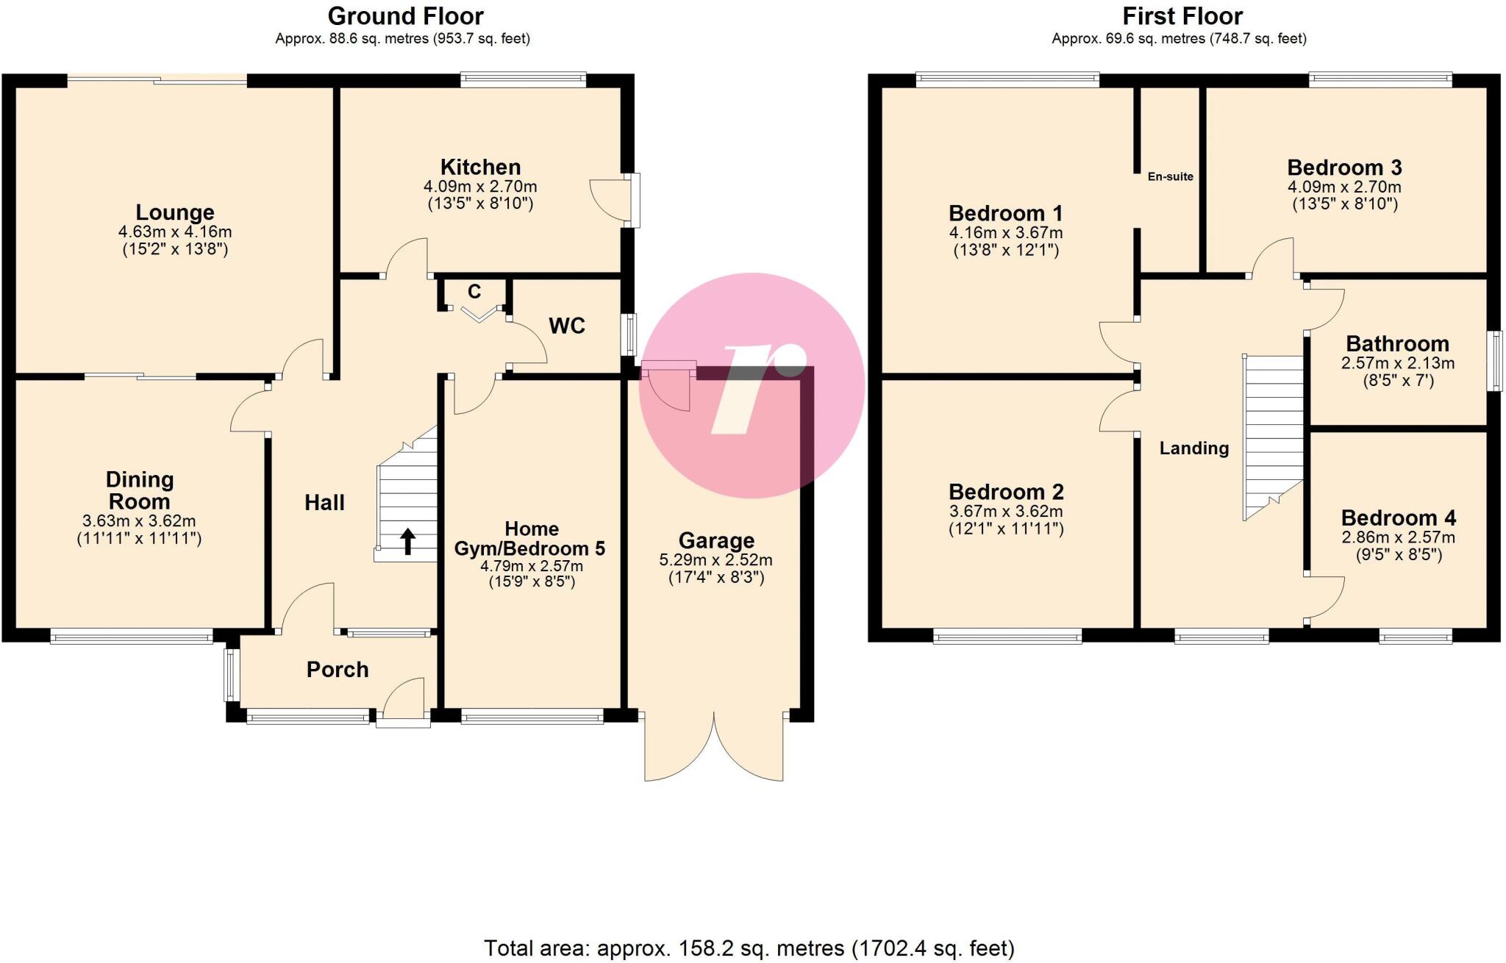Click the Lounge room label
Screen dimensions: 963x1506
click(x=175, y=212)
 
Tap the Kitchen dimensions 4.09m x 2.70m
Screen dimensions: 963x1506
click(x=480, y=187)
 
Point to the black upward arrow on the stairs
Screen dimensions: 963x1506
click(x=407, y=541)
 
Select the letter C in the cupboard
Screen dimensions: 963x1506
click(x=474, y=292)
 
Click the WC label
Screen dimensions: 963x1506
click(x=567, y=326)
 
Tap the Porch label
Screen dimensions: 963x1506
click(x=338, y=670)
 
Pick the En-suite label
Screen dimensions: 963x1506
click(x=1170, y=176)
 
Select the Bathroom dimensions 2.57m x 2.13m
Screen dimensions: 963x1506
click(x=1397, y=363)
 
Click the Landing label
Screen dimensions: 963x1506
click(x=1193, y=448)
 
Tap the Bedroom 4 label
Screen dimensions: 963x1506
click(x=1398, y=518)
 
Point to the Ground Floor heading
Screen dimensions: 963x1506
click(x=405, y=16)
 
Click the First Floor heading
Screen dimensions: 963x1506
click(x=1182, y=16)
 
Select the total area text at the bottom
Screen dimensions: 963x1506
click(x=749, y=948)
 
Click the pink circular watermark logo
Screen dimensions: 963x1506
click(x=752, y=385)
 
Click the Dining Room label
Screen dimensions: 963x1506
click(x=140, y=490)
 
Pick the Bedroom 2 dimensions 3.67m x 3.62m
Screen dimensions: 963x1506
click(x=1005, y=511)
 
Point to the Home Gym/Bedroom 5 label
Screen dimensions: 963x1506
click(x=530, y=539)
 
